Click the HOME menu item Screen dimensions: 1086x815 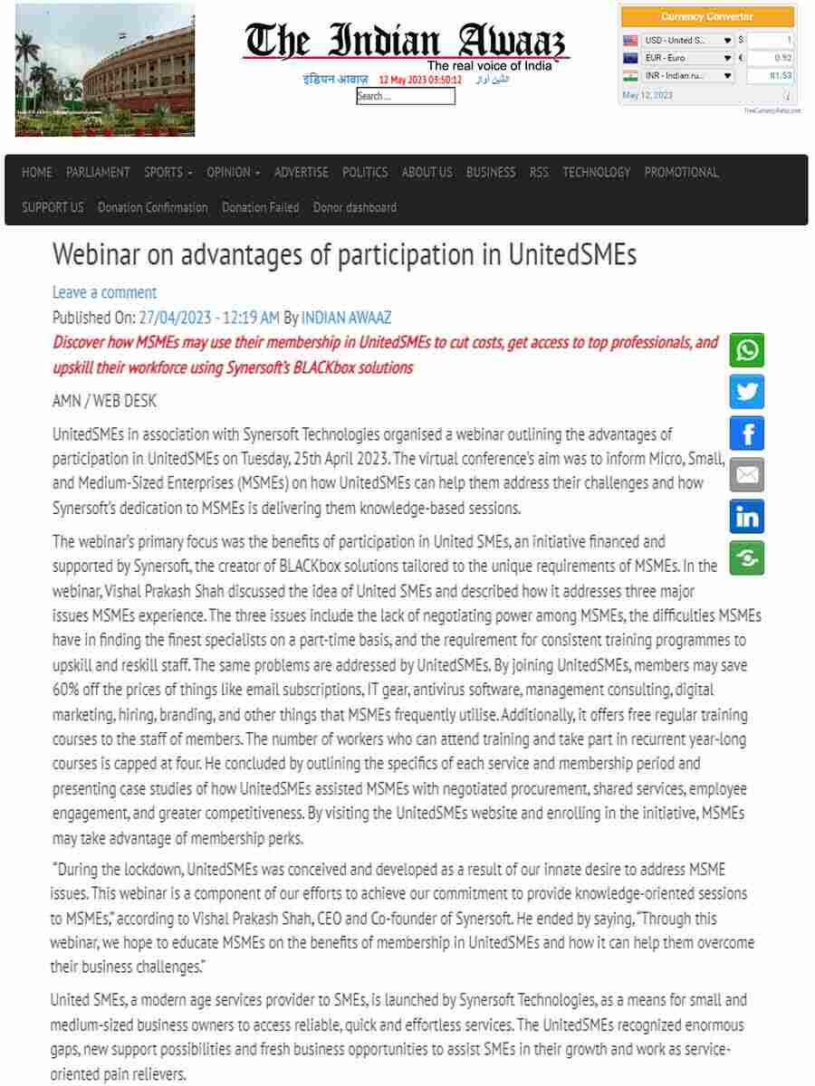tap(37, 172)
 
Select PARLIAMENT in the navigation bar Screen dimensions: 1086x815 tap(98, 172)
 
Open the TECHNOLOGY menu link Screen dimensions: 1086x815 tap(596, 172)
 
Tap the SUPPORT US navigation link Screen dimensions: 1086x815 tap(53, 207)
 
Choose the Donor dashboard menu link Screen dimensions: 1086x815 tap(355, 207)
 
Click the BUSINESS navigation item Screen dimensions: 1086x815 tap(491, 172)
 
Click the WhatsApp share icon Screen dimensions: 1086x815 tap(747, 350)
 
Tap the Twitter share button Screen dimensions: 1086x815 tap(747, 392)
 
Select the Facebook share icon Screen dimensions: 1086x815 tap(747, 433)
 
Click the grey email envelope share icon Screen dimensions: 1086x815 tap(747, 474)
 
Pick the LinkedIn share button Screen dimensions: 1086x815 tap(747, 516)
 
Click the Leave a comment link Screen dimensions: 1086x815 tap(104, 292)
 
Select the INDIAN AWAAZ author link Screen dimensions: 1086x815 tap(346, 318)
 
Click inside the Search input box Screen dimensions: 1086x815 tap(406, 97)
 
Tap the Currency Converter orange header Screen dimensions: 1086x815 tap(707, 16)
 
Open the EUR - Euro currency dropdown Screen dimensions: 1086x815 tap(688, 58)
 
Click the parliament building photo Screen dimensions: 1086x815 tap(105, 70)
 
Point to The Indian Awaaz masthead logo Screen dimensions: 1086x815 tap(405, 42)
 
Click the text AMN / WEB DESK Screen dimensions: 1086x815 tap(105, 401)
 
